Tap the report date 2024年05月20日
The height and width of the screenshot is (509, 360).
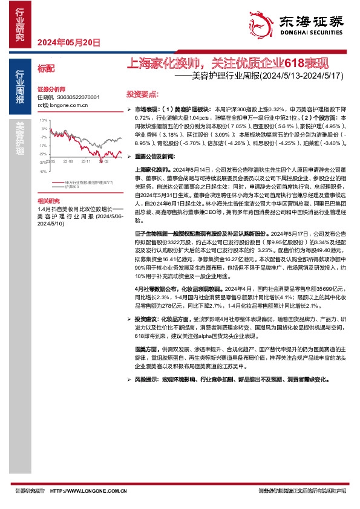click(68, 42)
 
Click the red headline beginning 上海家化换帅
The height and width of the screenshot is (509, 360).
click(231, 63)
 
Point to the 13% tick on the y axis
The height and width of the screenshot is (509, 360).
click(43, 120)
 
